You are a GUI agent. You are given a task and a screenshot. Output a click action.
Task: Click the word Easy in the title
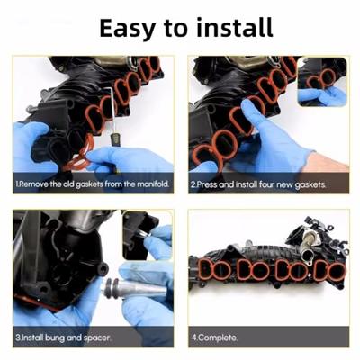[x=128, y=29]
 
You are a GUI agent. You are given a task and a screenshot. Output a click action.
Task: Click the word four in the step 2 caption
[x=267, y=184]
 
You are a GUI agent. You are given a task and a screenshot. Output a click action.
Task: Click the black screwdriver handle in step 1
[x=115, y=140]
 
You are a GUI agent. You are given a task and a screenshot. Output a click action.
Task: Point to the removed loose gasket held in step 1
[x=78, y=153]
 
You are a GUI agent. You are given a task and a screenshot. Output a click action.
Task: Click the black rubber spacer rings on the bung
[x=112, y=289]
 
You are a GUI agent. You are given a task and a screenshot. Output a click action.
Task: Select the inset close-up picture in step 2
[x=322, y=82]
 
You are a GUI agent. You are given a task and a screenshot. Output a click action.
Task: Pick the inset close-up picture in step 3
[x=148, y=235]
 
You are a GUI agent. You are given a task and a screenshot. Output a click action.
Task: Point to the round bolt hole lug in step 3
[x=103, y=267]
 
